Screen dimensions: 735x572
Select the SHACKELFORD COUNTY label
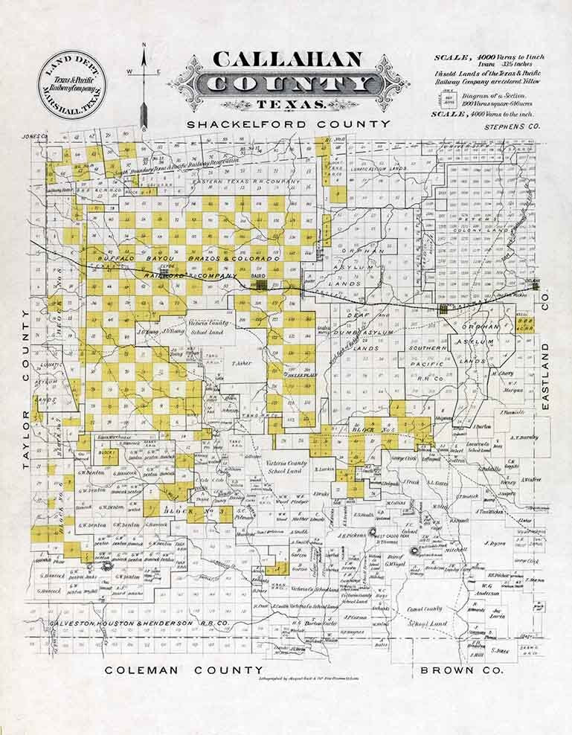[x=289, y=123]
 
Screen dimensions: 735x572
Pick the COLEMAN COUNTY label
[x=183, y=670]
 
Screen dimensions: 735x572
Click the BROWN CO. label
[x=462, y=670]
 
